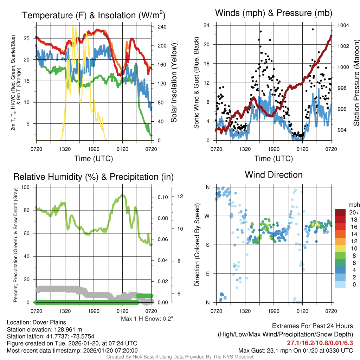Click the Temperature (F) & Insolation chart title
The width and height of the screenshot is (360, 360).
pos(94,15)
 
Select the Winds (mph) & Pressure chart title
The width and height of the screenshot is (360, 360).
pos(274,13)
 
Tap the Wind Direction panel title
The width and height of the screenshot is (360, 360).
pos(274,175)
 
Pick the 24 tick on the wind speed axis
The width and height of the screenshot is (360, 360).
pos(207,25)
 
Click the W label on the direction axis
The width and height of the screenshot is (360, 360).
pos(208,216)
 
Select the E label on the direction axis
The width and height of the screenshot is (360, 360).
pos(208,274)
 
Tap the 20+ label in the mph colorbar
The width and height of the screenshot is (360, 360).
pos(354,213)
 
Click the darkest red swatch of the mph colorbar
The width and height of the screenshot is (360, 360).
pos(341,212)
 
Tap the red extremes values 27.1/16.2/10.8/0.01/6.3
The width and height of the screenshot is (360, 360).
pos(320,343)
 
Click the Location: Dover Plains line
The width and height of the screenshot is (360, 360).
pos(36,322)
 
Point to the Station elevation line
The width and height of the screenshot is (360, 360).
pos(44,329)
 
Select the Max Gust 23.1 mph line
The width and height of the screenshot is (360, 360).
pos(295,350)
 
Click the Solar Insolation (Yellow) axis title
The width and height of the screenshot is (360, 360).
pos(174,83)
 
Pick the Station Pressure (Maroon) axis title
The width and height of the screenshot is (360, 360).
pos(356,83)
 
